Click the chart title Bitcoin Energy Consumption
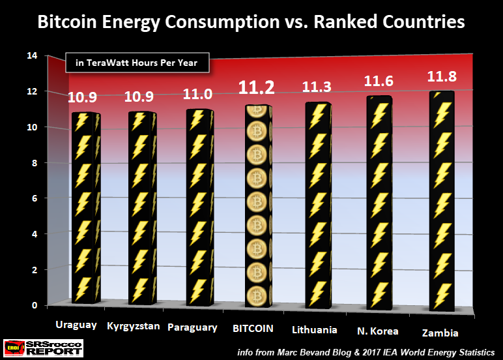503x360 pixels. pos(251,22)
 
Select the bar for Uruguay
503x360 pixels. pos(85,209)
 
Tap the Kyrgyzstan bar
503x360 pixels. pos(141,209)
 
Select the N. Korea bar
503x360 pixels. pos(379,202)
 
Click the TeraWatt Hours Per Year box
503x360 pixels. pos(136,63)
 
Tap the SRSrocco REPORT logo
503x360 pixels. pos(43,348)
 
